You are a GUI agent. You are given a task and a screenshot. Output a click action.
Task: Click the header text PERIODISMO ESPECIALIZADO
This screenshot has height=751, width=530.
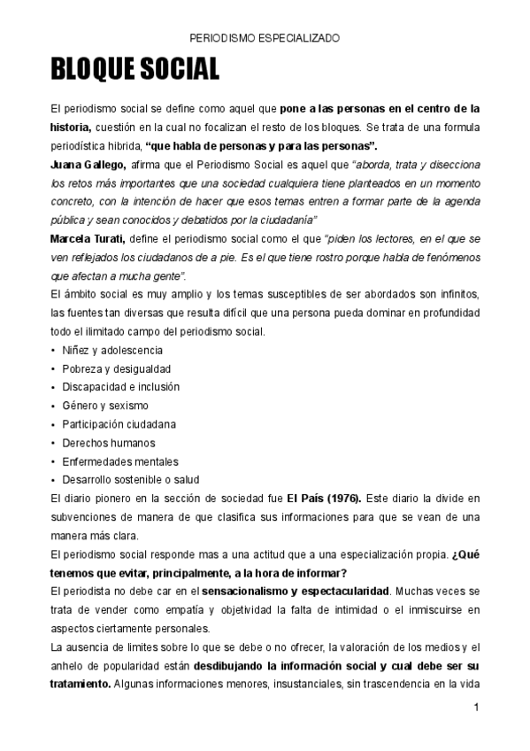click(x=265, y=39)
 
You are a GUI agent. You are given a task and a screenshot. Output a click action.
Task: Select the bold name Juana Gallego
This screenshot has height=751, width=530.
click(x=88, y=165)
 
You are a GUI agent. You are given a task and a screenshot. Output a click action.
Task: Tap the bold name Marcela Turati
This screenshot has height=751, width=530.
click(x=90, y=239)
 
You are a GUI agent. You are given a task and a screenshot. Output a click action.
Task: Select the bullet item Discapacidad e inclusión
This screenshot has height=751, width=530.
click(x=121, y=387)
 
